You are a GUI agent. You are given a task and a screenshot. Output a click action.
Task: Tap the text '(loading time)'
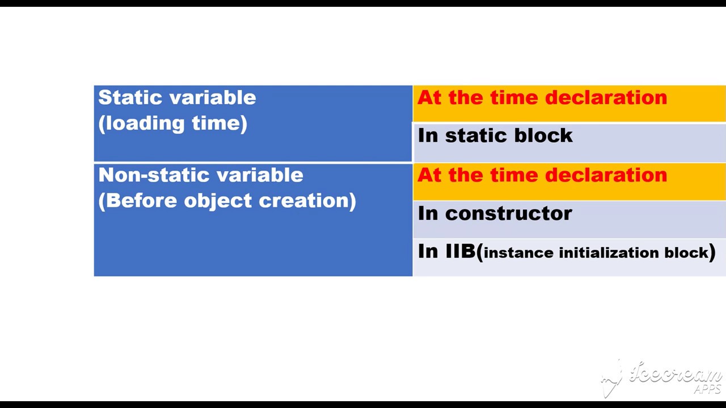tap(172, 124)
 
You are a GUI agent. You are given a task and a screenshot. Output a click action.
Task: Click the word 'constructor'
tap(509, 214)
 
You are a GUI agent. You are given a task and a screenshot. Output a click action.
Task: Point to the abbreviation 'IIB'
tap(460, 251)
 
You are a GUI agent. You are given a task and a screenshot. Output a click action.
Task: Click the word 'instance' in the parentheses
tap(518, 253)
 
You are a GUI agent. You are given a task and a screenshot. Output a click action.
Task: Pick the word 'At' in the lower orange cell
tap(429, 175)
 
